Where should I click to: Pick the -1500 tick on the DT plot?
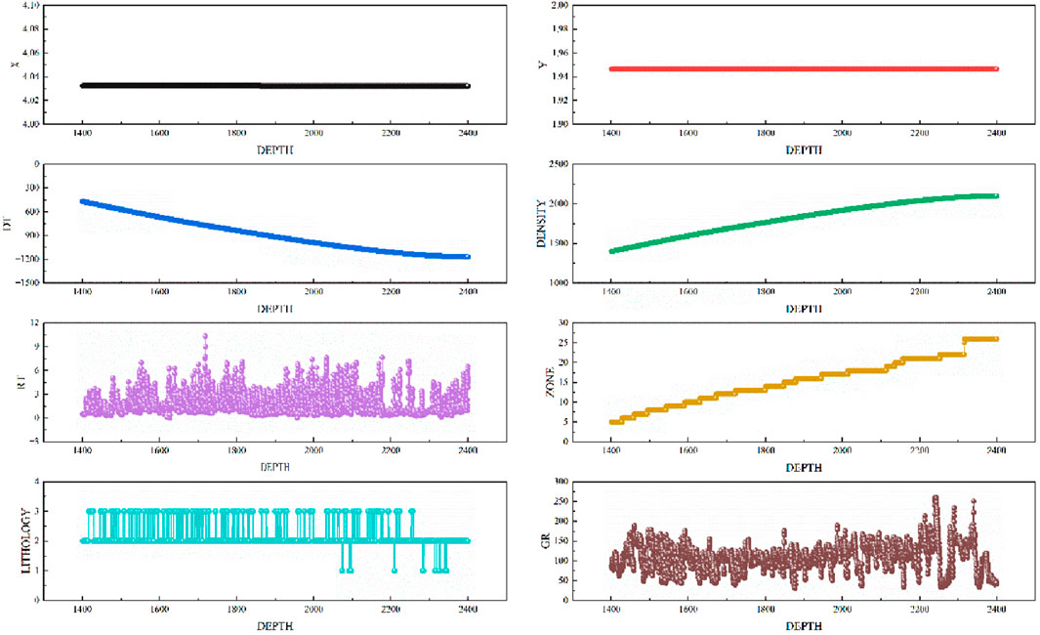click(54, 282)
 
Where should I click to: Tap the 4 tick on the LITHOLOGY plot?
click(64, 483)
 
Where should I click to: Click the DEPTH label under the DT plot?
click(274, 309)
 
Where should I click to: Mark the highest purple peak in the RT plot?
click(205, 336)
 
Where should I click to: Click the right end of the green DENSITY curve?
click(996, 195)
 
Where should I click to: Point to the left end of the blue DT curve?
click(83, 201)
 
